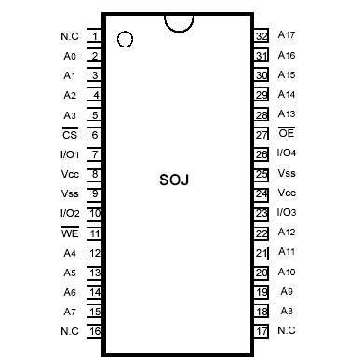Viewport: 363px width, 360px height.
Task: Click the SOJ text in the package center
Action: [x=174, y=180]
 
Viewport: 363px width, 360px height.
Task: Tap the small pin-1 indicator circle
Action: [x=125, y=40]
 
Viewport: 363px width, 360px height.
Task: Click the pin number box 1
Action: [x=95, y=36]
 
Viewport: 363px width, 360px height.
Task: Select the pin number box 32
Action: [x=262, y=35]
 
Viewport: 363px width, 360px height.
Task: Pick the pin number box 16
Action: [x=95, y=331]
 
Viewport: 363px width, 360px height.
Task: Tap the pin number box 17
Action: [x=262, y=330]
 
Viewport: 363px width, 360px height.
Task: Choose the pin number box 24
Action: [x=262, y=193]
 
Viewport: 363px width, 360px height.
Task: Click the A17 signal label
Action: [x=287, y=35]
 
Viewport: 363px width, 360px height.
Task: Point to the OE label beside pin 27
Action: [x=287, y=134]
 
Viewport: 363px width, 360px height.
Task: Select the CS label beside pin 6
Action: [x=69, y=135]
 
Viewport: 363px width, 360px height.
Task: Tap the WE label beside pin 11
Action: [x=69, y=233]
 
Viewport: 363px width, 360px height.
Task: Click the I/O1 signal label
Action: [x=69, y=154]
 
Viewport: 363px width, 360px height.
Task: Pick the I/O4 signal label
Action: [x=287, y=153]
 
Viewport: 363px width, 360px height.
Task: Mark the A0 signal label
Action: [x=69, y=56]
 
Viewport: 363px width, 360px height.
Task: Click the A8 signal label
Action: [x=287, y=311]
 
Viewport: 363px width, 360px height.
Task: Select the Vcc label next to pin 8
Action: [x=69, y=174]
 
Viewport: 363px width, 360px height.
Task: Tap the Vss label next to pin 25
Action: [x=287, y=173]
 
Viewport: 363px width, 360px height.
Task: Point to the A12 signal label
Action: [x=287, y=233]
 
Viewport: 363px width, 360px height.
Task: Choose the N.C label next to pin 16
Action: [x=69, y=331]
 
